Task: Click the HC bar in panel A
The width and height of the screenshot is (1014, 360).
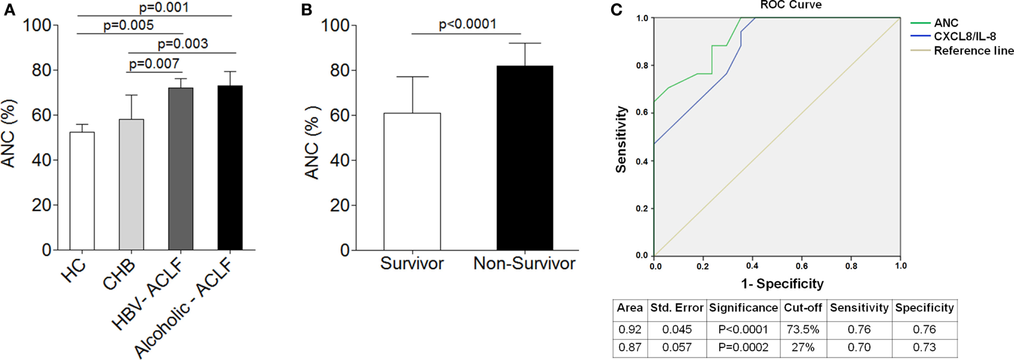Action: (82, 191)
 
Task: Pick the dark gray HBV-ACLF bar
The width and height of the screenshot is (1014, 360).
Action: (181, 169)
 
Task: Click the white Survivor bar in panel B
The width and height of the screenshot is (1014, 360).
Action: (412, 181)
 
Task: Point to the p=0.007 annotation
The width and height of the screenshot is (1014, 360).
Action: (154, 64)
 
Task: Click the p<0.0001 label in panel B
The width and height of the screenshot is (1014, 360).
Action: (467, 24)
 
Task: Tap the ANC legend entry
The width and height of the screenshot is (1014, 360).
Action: (946, 23)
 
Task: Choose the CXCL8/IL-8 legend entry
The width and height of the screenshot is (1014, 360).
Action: (965, 37)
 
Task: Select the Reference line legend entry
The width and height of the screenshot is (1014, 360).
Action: (973, 51)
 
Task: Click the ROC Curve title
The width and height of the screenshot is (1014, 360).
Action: (790, 5)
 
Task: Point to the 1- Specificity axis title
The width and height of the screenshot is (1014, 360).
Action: (782, 284)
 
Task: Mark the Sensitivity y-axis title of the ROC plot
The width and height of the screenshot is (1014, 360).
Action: (621, 139)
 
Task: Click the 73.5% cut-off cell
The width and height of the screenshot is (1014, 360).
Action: (802, 330)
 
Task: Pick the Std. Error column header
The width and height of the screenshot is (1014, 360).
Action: (676, 308)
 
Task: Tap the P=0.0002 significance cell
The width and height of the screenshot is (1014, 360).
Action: (743, 347)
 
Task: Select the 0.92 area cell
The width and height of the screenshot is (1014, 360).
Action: (629, 330)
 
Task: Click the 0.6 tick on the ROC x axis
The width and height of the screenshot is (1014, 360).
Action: (802, 266)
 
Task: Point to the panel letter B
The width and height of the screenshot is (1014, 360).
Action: (307, 10)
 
